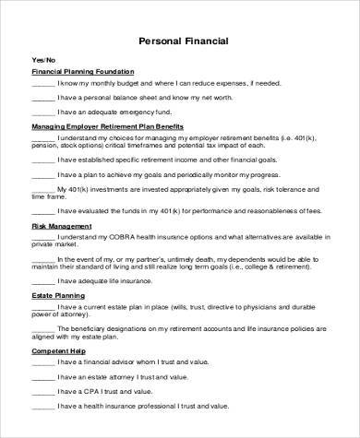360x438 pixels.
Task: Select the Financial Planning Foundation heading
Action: tap(83, 71)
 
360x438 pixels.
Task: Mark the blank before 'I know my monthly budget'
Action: tap(42, 83)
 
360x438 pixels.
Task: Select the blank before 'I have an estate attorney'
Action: tap(42, 379)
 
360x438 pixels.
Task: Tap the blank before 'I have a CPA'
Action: tap(42, 393)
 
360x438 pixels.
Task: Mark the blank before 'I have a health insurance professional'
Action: tap(42, 406)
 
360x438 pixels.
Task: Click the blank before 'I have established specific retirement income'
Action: tap(42, 159)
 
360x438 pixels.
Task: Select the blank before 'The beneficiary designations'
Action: tap(42, 333)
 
